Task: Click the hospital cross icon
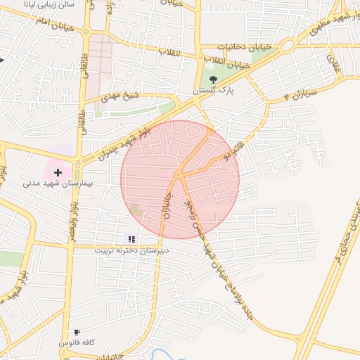coord(58,172)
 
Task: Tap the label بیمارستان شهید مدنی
coord(63,184)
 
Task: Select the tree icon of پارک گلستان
coord(213,79)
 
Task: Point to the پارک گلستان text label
coord(215,91)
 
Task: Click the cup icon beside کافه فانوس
coord(77,332)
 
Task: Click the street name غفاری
coord(332,66)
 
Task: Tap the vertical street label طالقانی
coord(84,75)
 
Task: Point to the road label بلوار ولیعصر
coord(72,218)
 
